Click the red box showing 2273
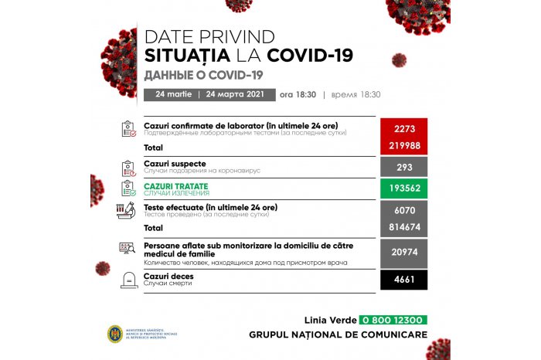(404, 128)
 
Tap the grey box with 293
(404, 167)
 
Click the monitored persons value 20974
(404, 253)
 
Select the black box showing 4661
(404, 280)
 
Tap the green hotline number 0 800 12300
(393, 320)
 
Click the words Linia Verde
(329, 320)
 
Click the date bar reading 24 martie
(175, 94)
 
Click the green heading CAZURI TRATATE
(177, 186)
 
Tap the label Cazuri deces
(168, 276)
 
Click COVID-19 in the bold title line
(310, 56)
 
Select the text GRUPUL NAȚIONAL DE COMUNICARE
(337, 335)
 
